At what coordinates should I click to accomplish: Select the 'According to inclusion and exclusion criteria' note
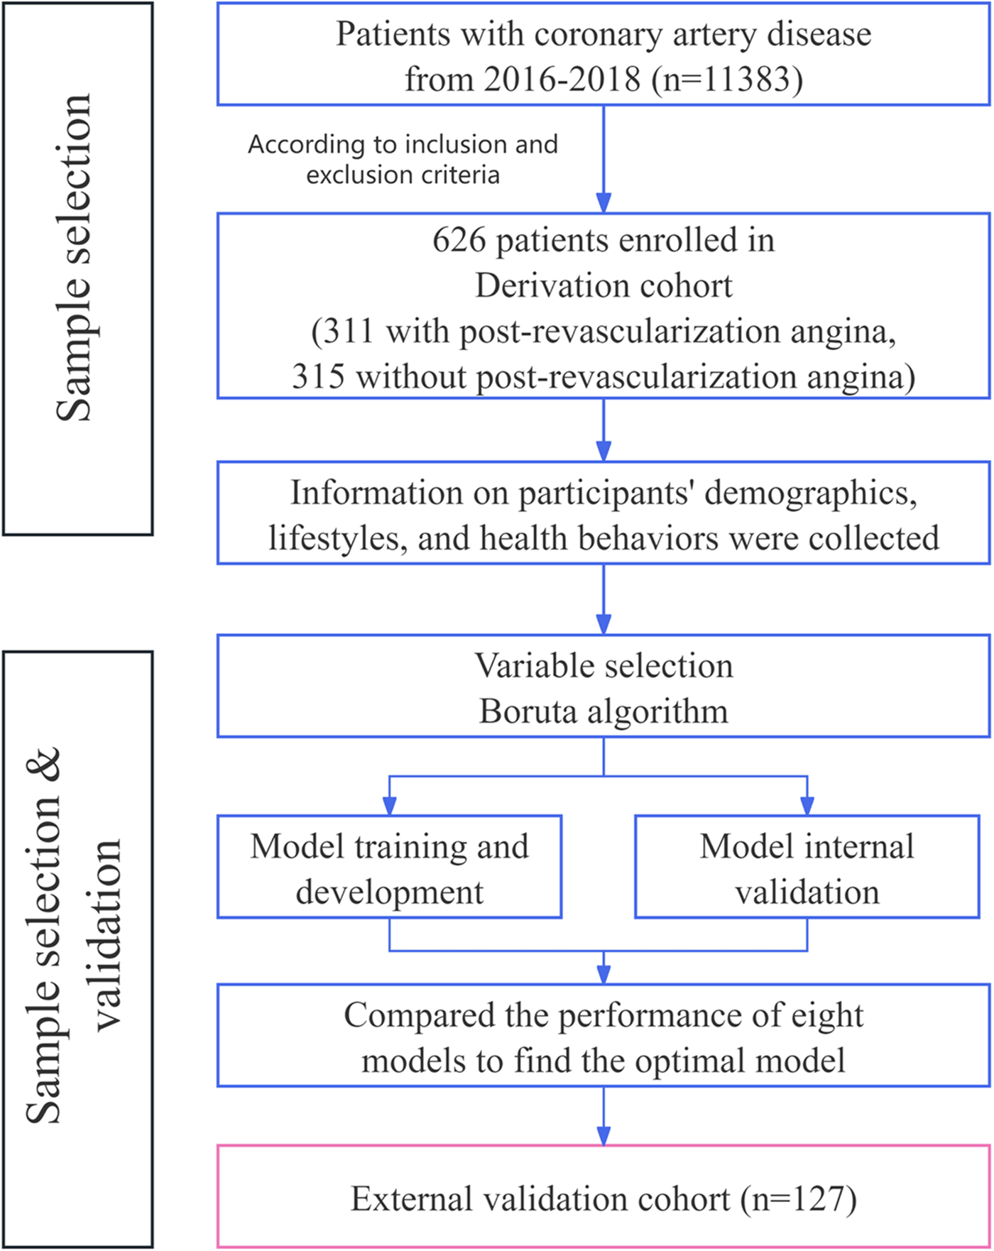403,159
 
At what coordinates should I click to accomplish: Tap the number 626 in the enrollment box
459,240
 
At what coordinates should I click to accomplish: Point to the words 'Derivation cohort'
603,285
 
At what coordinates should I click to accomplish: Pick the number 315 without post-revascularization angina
318,376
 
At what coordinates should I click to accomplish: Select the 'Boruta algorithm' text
603,711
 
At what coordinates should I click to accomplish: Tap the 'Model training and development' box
389,867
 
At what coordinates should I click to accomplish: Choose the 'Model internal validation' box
807,867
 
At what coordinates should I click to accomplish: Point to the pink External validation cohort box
603,1200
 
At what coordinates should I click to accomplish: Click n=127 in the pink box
798,1200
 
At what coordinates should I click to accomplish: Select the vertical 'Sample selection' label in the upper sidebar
74,258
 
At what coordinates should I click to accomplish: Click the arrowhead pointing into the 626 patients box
603,202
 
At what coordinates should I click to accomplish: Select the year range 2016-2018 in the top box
562,79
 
